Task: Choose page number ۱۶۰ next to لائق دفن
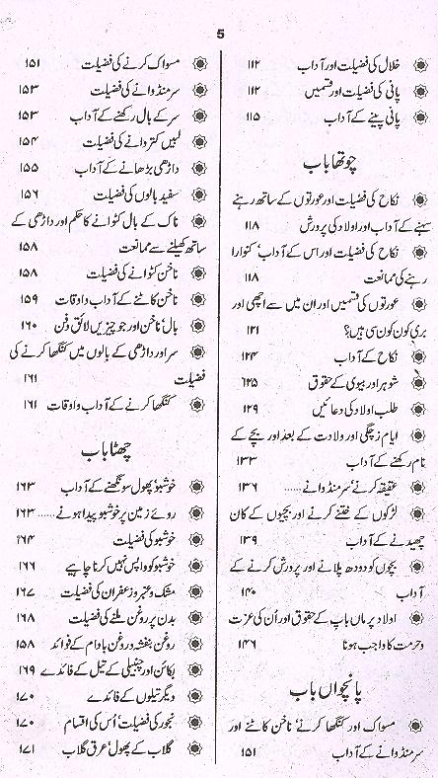[x=27, y=325]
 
